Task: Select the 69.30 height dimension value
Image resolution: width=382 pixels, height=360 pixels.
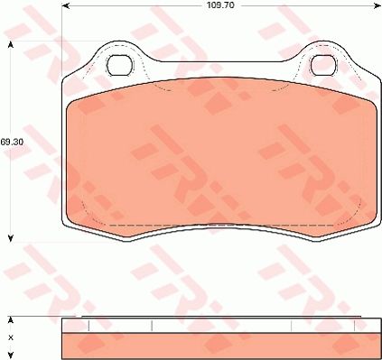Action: click(11, 142)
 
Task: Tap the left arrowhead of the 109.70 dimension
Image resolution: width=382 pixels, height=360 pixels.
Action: click(66, 5)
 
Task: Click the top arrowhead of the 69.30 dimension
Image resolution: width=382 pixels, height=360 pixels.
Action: click(11, 43)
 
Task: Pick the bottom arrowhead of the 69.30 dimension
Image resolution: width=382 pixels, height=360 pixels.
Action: click(11, 238)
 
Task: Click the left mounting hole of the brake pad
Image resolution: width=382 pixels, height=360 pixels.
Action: click(118, 65)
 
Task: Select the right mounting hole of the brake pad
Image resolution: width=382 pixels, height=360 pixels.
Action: click(322, 65)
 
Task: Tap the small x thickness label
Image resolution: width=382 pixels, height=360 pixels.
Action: click(11, 337)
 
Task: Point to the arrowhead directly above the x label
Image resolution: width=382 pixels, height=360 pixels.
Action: click(11, 320)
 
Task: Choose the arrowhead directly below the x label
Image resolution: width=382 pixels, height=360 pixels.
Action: click(11, 353)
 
